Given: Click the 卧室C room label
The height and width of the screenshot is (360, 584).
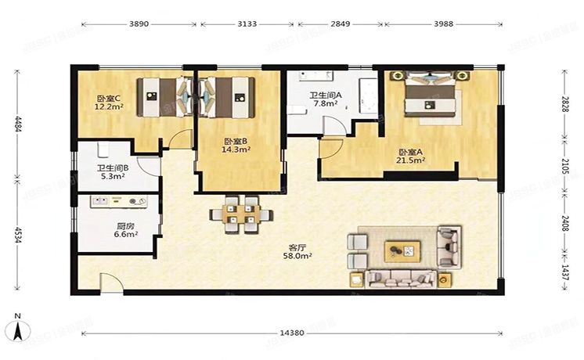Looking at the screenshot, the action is pos(108,99).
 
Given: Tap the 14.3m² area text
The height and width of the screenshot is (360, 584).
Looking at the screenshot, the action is pos(236,149).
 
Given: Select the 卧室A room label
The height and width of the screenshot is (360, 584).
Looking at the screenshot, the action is pos(410,153).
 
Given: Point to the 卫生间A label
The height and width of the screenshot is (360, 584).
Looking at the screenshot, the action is pos(326,95).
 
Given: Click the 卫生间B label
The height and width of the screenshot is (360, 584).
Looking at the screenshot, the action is pos(113,168).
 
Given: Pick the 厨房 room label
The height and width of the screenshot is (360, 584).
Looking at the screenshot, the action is pos(125,226).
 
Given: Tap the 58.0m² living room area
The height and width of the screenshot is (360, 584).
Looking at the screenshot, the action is pos(297,256).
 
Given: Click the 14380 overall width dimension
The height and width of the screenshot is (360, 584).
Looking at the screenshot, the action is pos(292,333).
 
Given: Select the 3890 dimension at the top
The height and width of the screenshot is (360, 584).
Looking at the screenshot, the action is pos(139,23).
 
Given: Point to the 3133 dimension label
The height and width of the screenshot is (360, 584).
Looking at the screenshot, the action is pos(247,23).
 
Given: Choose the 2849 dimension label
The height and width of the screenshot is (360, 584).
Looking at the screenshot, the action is pos(341,23).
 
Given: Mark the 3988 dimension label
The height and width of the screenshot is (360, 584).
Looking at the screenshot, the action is pos(444,23).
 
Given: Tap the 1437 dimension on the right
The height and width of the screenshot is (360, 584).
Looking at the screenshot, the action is pos(565,272).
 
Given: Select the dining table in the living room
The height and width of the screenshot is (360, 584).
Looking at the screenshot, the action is pos(241,214).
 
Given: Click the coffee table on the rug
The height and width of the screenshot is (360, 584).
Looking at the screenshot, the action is pos(402,251).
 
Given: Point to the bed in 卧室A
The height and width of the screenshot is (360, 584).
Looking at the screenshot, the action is pos(431,94).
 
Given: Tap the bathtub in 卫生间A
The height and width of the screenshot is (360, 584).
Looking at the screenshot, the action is pos(368,95).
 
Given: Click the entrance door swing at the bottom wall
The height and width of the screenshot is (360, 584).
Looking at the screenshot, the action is pos(112,283).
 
